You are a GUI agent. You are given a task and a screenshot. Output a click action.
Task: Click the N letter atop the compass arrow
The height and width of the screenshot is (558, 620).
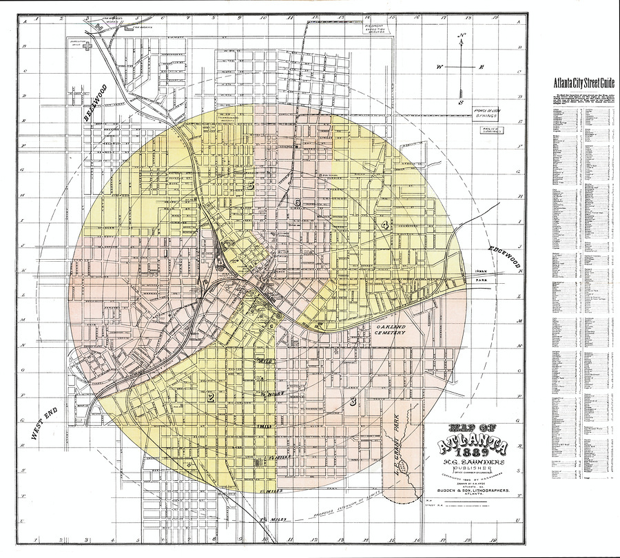pyautogui.click(x=463, y=37)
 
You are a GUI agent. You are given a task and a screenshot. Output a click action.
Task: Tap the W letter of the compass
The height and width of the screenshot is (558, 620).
pyautogui.click(x=438, y=68)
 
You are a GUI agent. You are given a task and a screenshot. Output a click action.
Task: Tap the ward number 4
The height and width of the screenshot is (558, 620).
pyautogui.click(x=386, y=225)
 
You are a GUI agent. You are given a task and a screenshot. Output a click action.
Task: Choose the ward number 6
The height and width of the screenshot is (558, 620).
pyautogui.click(x=298, y=203)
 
